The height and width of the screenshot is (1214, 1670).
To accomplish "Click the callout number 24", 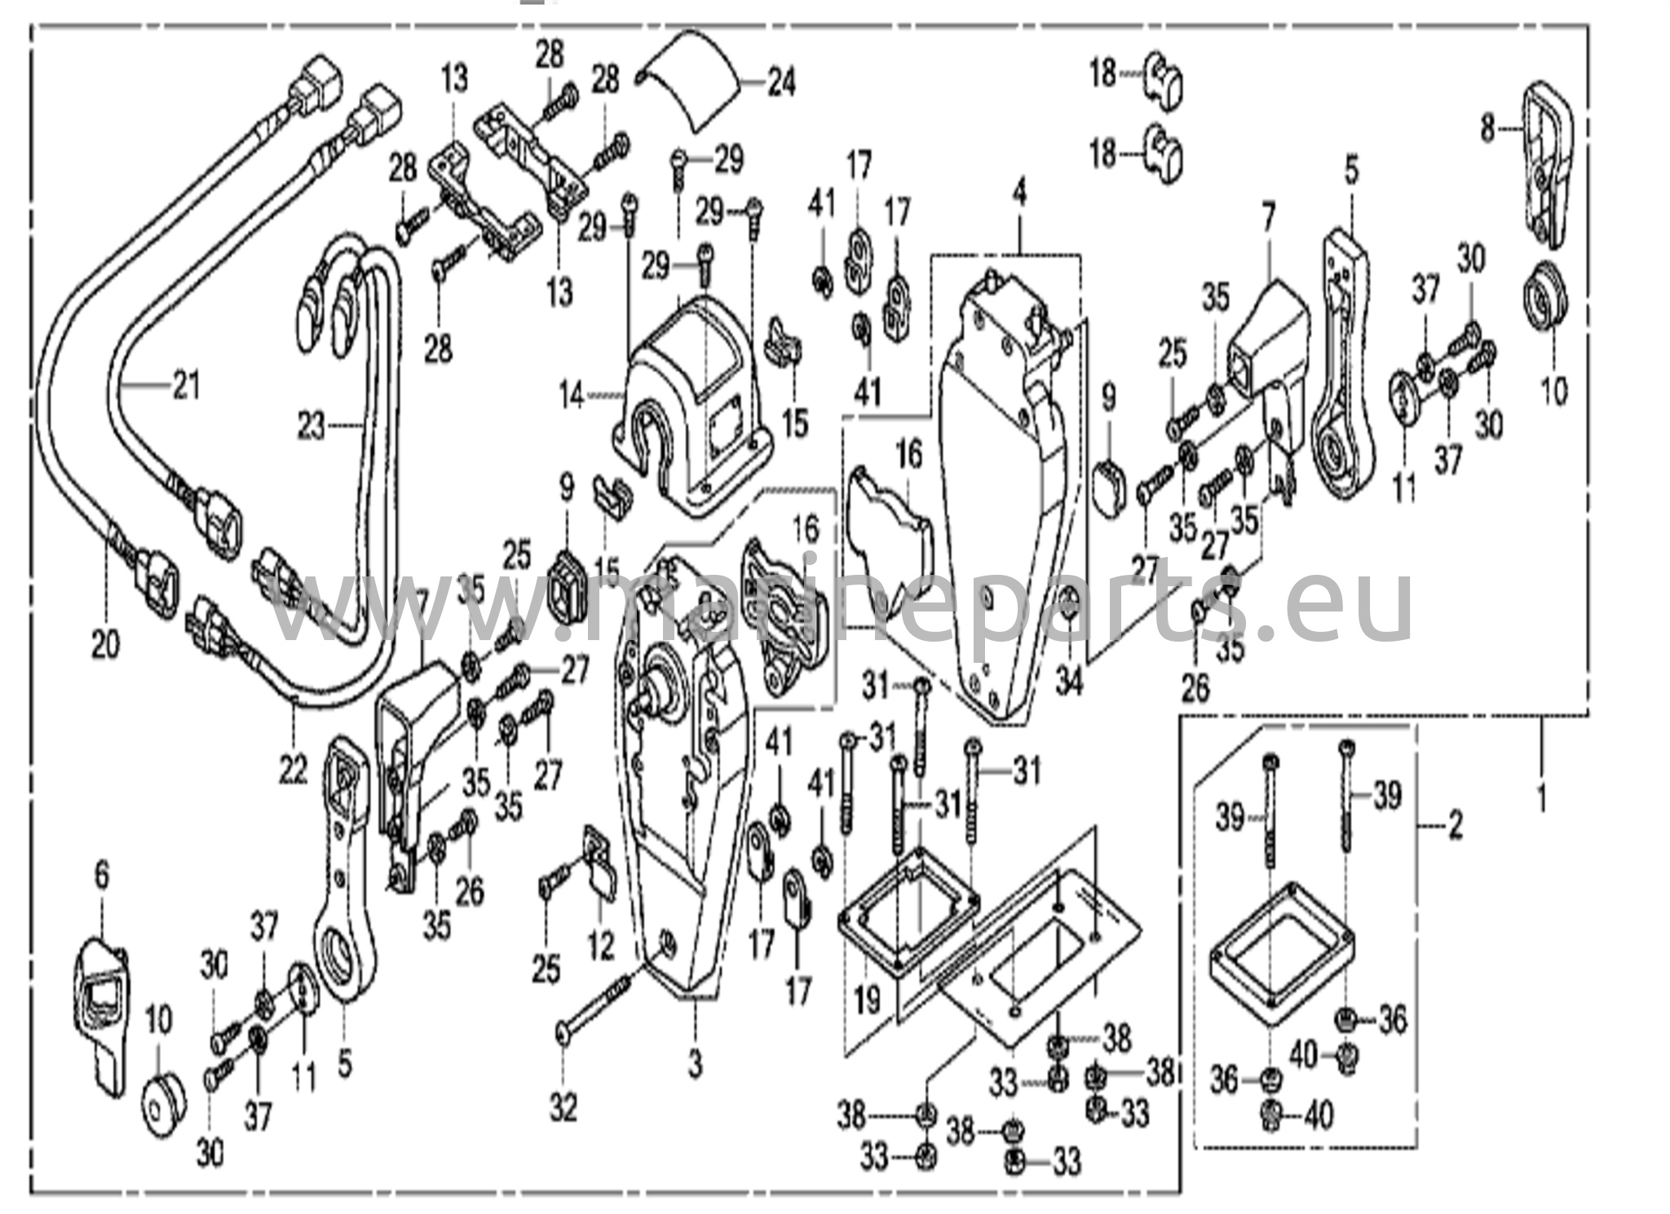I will click(x=781, y=83).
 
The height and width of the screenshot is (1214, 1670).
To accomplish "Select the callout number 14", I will click(x=572, y=397).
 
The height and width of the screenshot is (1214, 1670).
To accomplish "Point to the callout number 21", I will click(x=186, y=385).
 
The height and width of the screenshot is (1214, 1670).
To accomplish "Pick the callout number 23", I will click(x=310, y=425).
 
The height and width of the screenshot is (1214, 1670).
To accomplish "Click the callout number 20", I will click(x=105, y=646).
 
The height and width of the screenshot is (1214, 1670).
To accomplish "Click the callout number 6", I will click(x=101, y=876).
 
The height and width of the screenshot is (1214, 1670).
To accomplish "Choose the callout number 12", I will click(x=601, y=947).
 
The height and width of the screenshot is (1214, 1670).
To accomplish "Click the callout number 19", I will click(x=867, y=1000).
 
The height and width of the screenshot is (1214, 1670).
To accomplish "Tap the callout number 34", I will click(x=1069, y=682).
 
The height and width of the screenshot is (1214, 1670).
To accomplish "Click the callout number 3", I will click(x=694, y=1064).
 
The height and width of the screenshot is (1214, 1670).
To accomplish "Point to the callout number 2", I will click(x=1454, y=828).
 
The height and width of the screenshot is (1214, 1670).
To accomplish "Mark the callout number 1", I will click(x=1540, y=799).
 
